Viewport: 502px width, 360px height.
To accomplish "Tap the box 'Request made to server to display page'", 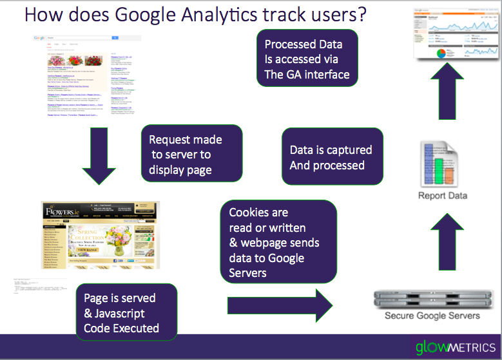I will coord(191,155).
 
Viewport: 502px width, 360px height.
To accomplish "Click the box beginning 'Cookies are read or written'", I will coord(278,242).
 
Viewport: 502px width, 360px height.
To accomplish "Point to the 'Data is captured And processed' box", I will coord(331,157).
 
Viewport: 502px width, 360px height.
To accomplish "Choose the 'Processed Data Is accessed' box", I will coord(307,59).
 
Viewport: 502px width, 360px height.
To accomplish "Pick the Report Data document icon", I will coord(443,163).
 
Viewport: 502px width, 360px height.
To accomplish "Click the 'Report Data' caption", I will coord(443,195).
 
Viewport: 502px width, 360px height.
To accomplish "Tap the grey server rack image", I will coord(432,299).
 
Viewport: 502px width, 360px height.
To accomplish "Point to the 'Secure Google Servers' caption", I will coord(432,316).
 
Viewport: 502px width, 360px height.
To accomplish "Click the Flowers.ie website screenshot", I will coord(100,235).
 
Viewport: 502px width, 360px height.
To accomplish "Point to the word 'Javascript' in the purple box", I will coord(114,314).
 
